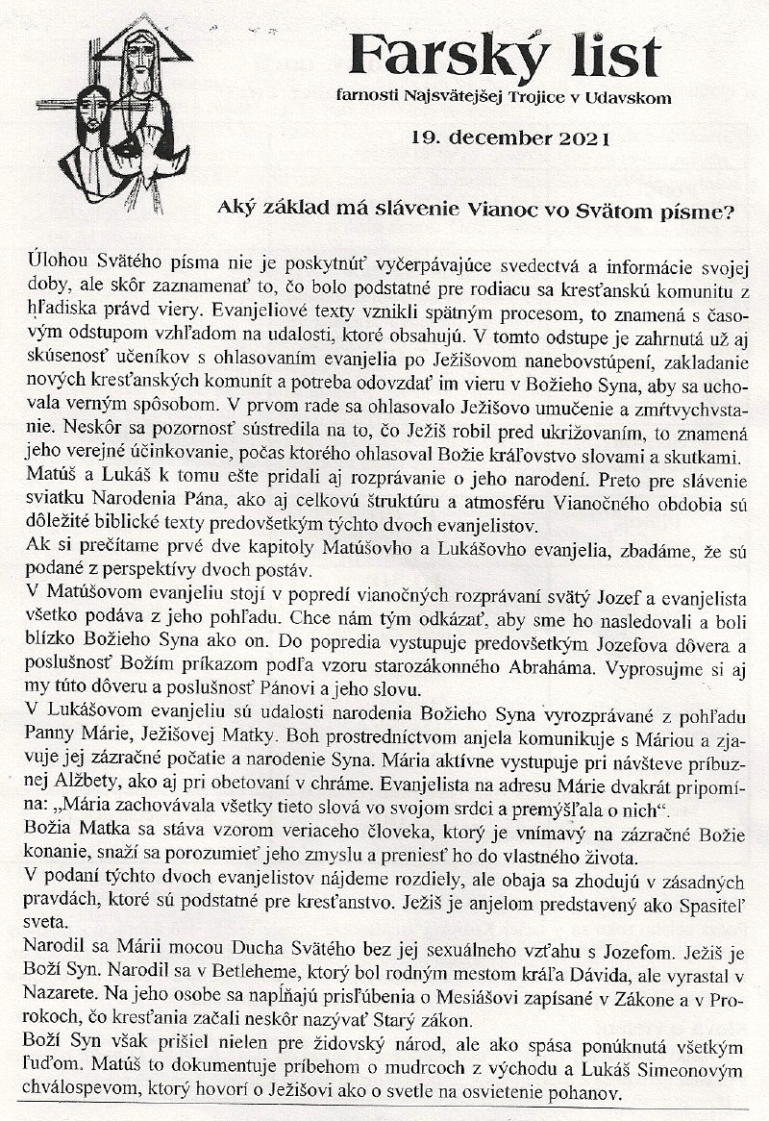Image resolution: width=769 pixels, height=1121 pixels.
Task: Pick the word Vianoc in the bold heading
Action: click(x=475, y=208)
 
